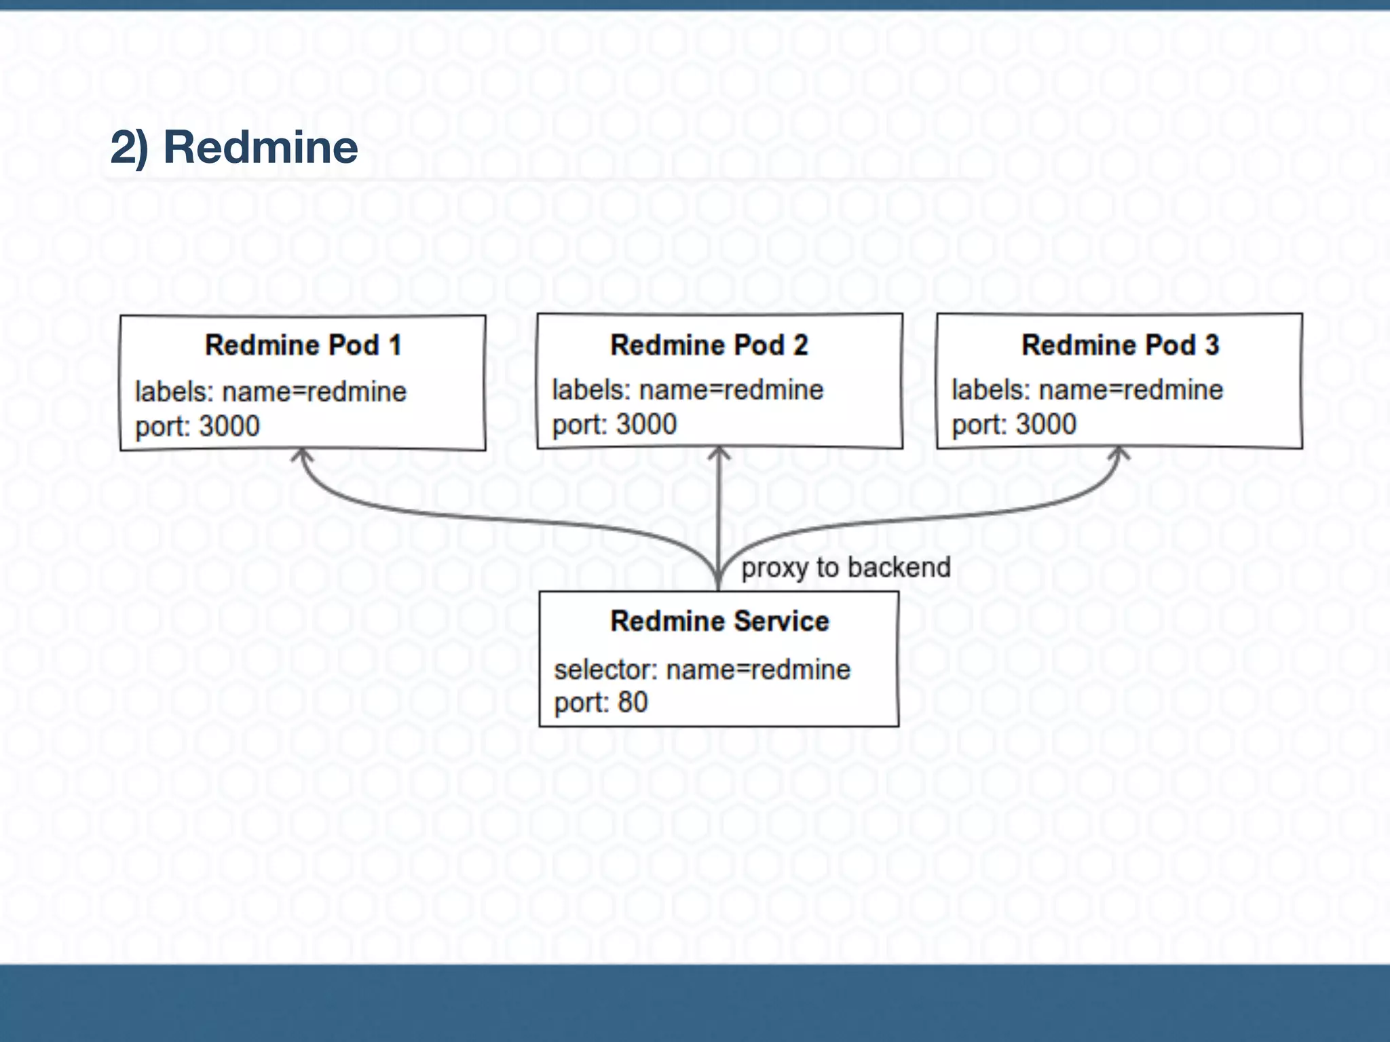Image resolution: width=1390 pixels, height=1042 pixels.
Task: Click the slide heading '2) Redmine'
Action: pos(233,147)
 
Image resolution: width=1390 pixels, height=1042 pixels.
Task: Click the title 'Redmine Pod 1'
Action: pos(303,345)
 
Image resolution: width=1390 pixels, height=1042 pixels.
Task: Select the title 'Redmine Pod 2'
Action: pos(709,345)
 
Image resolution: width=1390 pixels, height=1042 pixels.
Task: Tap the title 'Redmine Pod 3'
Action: pos(1120,345)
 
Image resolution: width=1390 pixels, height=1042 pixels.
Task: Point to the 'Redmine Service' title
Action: pos(719,621)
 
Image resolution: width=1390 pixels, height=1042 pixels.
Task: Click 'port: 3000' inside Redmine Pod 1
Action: pos(198,427)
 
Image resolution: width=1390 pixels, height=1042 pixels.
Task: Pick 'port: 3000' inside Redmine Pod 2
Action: pos(614,425)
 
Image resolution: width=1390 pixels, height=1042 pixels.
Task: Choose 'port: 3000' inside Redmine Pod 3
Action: pos(1013,425)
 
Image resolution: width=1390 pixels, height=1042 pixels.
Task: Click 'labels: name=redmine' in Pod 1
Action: pos(270,392)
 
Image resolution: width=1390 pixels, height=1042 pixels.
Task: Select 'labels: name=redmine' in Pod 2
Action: pos(688,390)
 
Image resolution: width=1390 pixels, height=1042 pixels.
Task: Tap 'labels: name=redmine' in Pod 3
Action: pos(1087,390)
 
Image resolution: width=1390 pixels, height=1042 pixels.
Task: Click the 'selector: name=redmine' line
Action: pos(702,670)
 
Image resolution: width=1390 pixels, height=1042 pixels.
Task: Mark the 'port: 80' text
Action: pos(601,703)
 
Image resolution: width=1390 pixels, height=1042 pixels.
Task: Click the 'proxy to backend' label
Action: pos(845,568)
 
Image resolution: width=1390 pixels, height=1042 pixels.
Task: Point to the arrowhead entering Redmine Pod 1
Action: pos(303,455)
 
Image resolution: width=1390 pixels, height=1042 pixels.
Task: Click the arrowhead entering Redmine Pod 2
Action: pos(719,452)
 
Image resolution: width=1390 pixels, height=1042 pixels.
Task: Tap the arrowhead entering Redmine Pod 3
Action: pos(1119,452)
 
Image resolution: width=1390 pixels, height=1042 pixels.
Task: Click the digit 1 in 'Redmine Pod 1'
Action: pos(395,345)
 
